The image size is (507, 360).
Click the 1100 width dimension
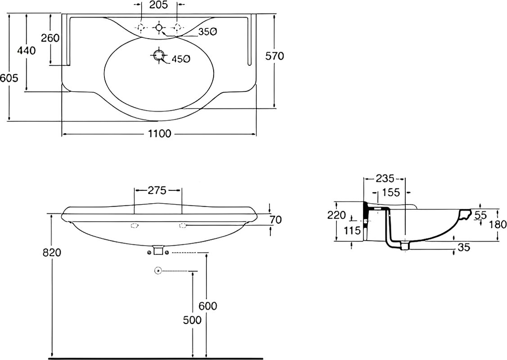pos(160,133)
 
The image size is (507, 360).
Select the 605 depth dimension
pos(9,78)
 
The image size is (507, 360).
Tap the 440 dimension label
pos(27,50)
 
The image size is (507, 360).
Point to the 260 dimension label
pos(50,38)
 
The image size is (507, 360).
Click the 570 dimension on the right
pos(274,56)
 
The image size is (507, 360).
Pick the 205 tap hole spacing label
pos(159,5)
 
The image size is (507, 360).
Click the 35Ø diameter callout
pos(207,31)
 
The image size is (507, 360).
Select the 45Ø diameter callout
pos(180,59)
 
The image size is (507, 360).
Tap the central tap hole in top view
pos(159,27)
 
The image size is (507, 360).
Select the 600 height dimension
pos(208,306)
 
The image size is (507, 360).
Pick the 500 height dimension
pos(192,320)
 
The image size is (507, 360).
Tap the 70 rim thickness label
pos(275,220)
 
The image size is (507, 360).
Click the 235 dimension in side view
pos(385,178)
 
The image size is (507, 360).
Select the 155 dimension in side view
pos(391,193)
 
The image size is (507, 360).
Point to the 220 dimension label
pos(337,215)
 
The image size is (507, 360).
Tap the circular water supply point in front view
pos(158,270)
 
